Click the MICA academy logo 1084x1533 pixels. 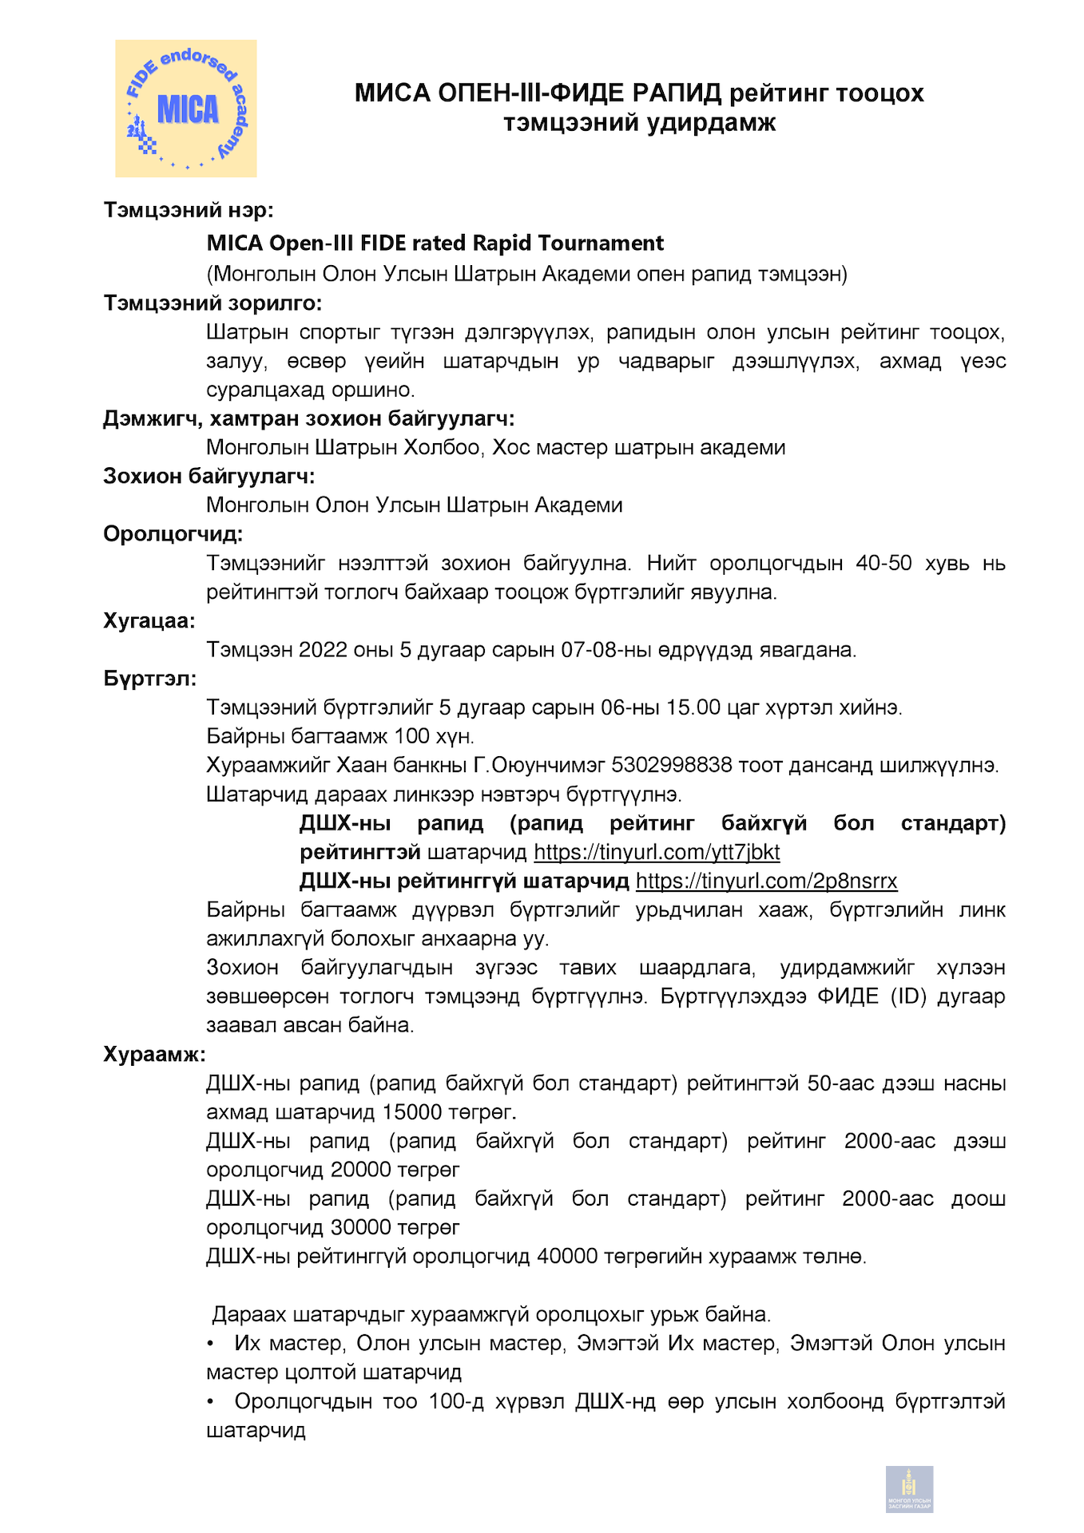(x=186, y=109)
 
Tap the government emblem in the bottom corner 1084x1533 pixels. (x=909, y=1489)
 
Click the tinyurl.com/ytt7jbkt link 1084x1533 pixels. (x=657, y=852)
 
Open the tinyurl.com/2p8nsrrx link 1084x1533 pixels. (x=766, y=881)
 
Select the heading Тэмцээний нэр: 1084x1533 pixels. (x=189, y=210)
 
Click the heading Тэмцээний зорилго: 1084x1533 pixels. (x=212, y=303)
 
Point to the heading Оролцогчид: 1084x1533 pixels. (x=173, y=534)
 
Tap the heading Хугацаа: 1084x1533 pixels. (x=149, y=621)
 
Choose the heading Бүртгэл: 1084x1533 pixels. (x=150, y=679)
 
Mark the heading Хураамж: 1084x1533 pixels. (x=154, y=1054)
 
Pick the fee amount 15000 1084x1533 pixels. (x=412, y=1112)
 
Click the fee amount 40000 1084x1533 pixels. (x=567, y=1256)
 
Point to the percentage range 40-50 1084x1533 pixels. (x=883, y=563)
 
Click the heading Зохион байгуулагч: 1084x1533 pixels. (x=208, y=477)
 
